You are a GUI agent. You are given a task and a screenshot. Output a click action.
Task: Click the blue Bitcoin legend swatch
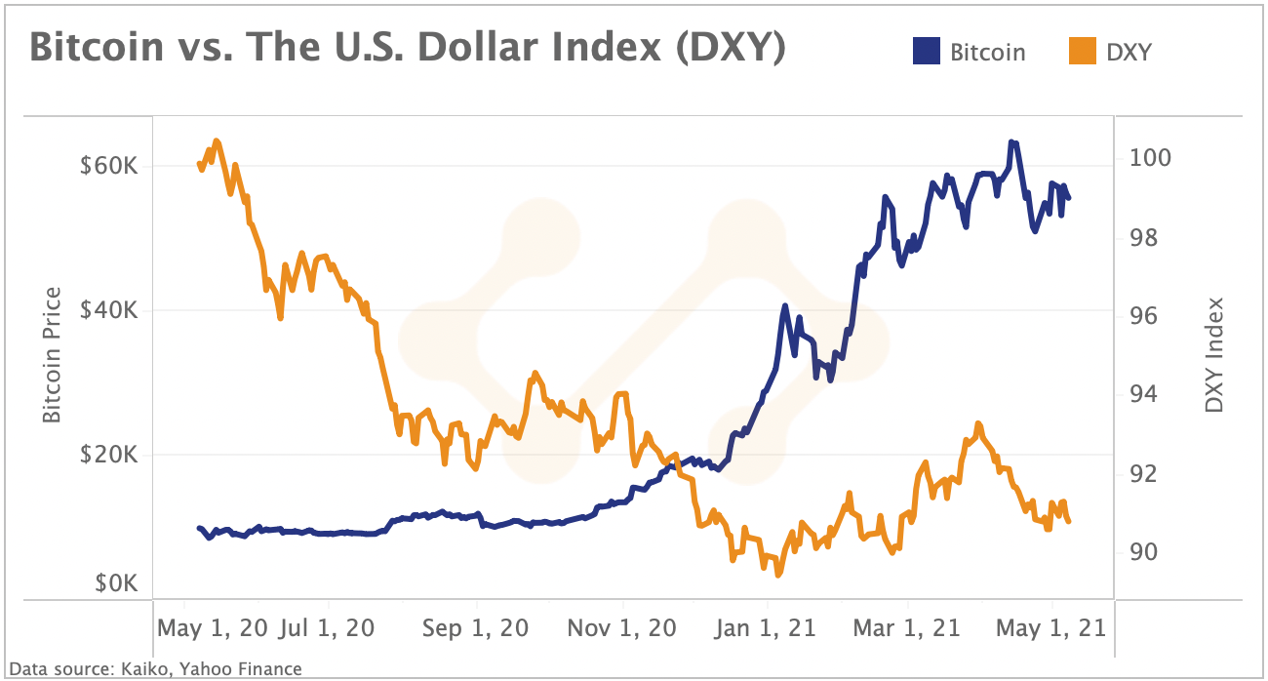(926, 51)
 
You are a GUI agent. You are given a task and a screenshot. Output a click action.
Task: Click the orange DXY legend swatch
(1082, 51)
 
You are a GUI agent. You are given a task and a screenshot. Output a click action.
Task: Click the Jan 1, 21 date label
(765, 627)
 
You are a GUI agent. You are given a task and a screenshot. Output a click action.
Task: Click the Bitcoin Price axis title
(52, 355)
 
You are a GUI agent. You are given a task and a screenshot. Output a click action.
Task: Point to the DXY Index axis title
(1214, 355)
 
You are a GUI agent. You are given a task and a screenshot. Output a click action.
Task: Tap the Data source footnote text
(155, 668)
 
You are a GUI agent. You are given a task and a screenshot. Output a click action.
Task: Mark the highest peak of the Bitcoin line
(1013, 141)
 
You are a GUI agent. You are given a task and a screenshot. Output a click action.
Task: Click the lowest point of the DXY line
(777, 575)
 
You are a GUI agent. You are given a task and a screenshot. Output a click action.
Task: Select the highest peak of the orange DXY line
(217, 140)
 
